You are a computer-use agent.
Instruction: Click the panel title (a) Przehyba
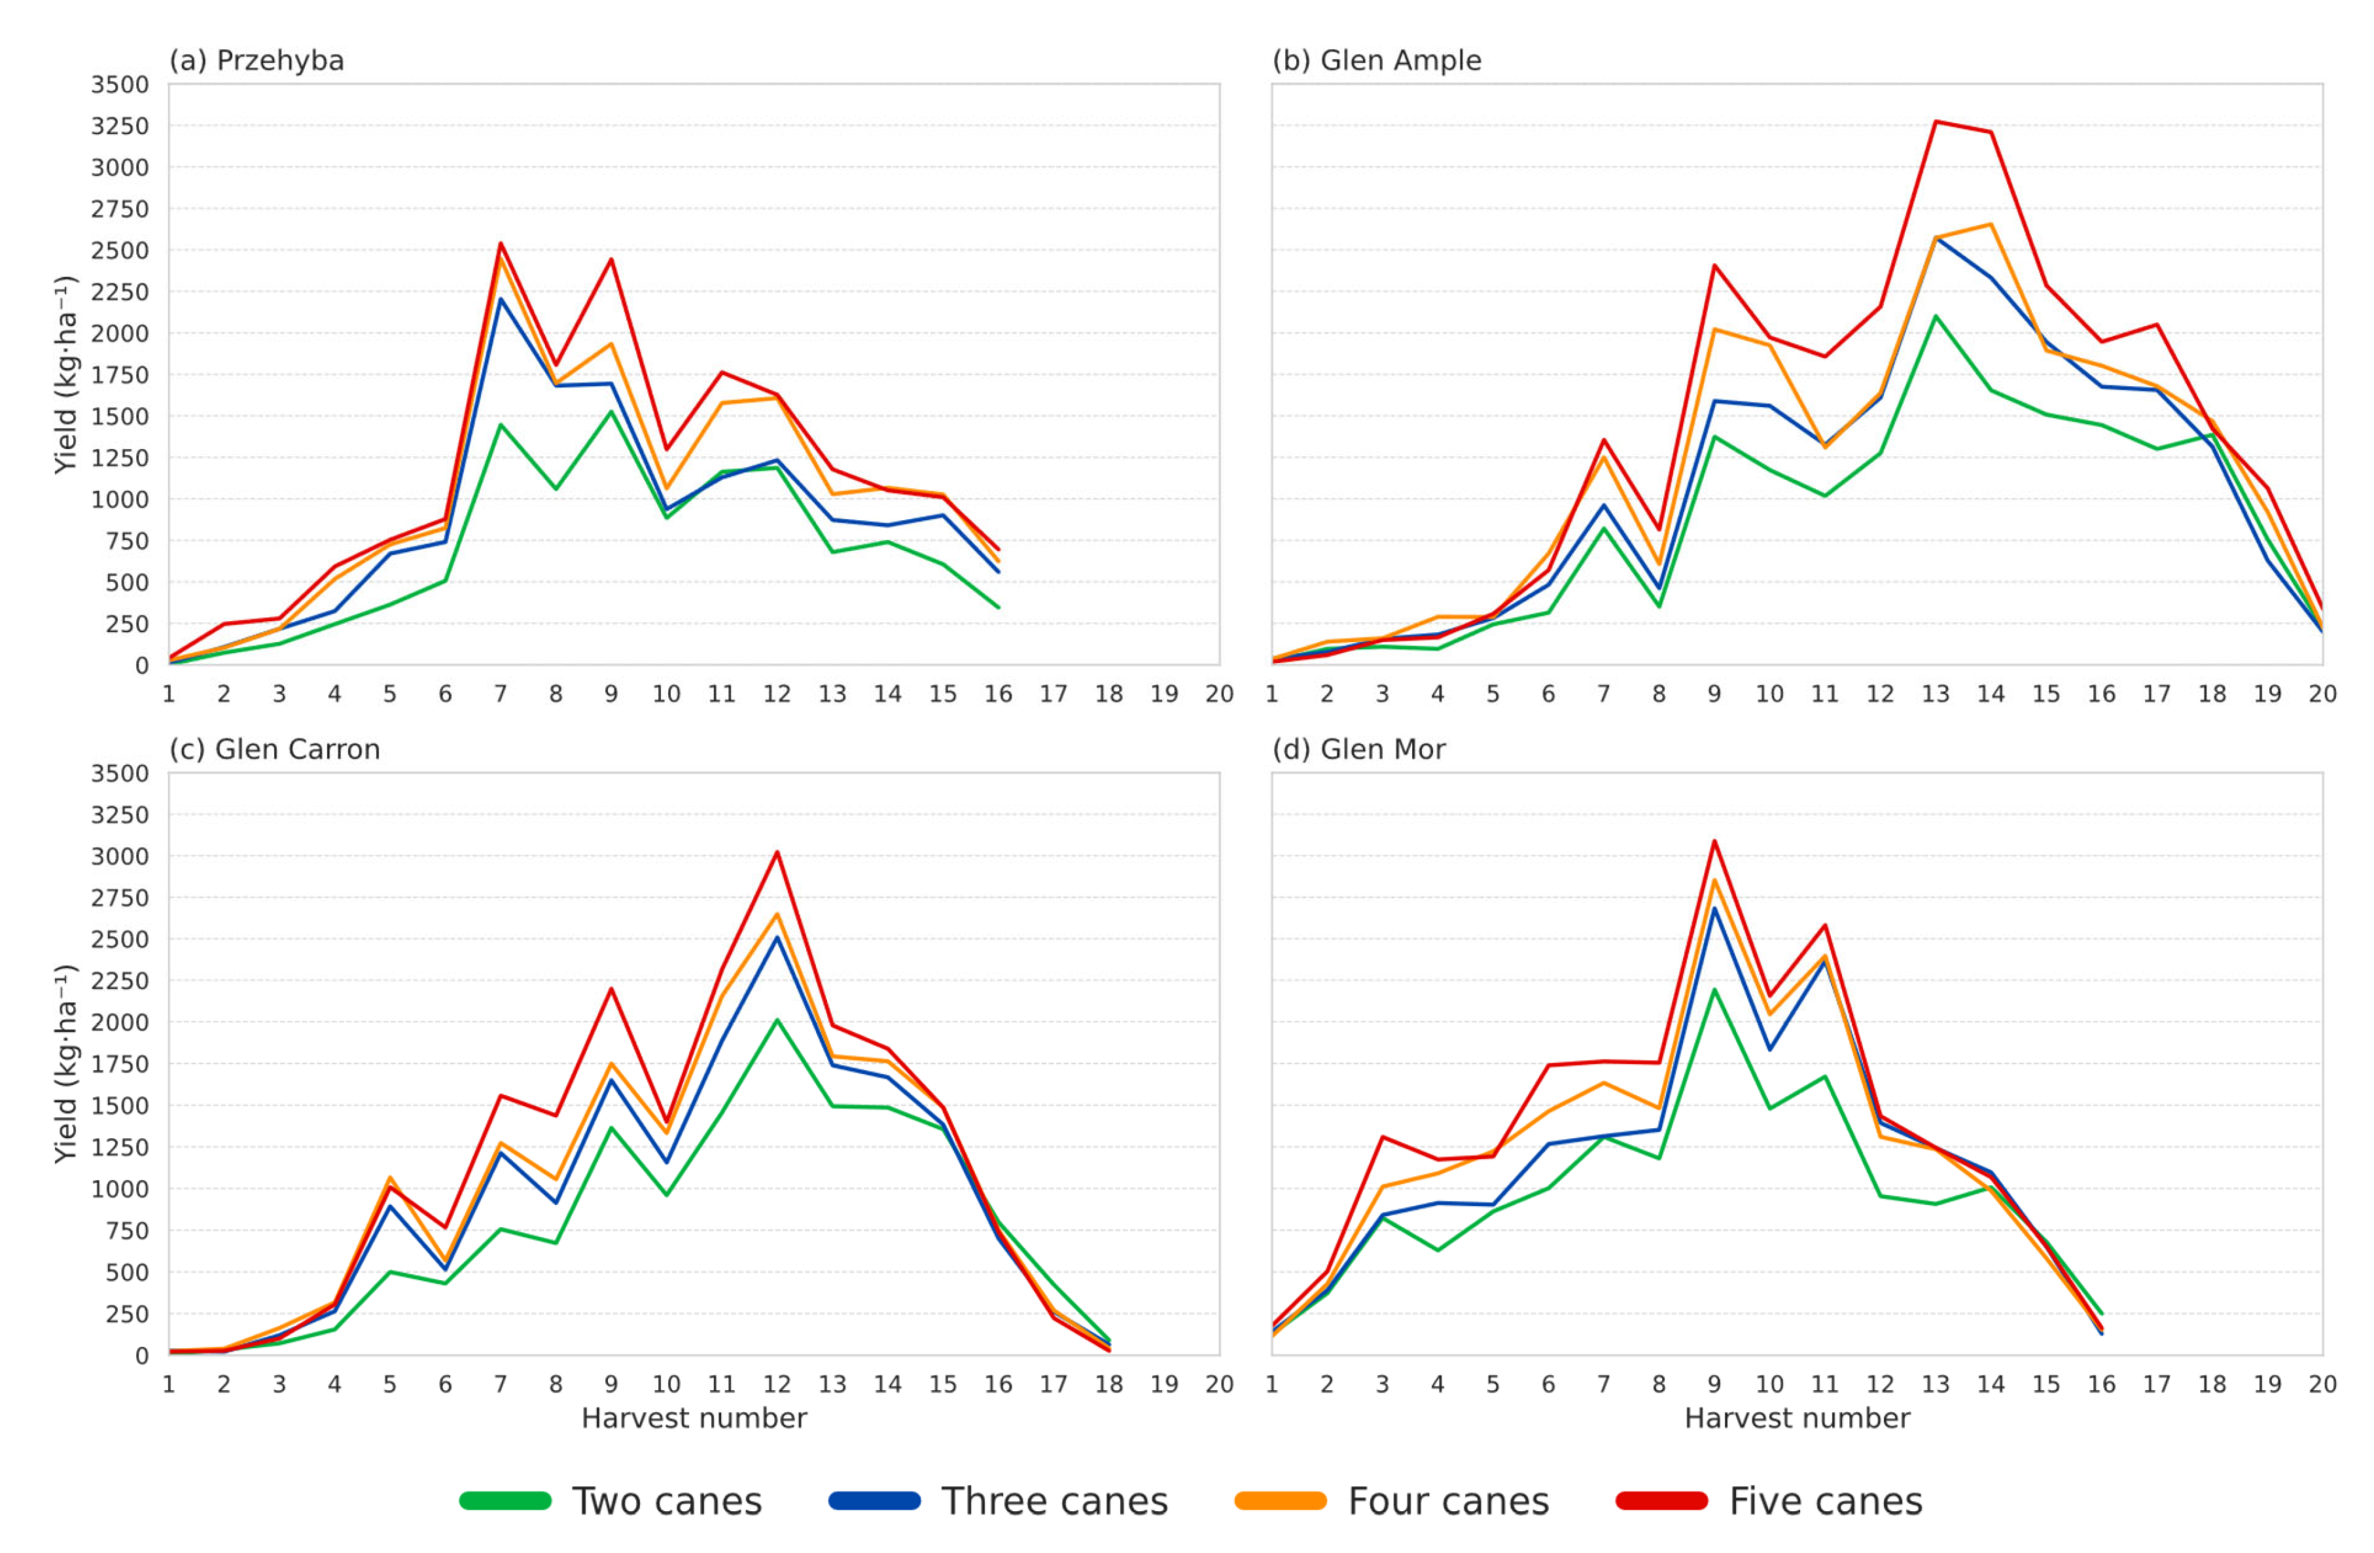point(257,61)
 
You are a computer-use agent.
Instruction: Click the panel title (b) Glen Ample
point(1377,61)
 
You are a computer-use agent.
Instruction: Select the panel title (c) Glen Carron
point(274,749)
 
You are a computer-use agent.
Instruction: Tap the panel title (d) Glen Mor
point(1358,749)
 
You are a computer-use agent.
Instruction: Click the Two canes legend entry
point(611,1501)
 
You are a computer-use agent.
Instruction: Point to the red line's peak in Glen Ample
point(1935,122)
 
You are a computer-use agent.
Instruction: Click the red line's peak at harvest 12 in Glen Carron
point(777,852)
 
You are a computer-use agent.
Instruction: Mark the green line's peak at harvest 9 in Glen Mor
point(1714,990)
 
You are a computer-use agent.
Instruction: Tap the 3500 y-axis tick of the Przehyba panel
point(120,85)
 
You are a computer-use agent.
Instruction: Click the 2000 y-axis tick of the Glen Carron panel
point(120,1022)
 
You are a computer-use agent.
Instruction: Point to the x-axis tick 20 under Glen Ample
point(2322,694)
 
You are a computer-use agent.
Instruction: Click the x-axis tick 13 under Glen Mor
point(1935,1384)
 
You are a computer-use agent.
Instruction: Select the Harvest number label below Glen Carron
point(694,1418)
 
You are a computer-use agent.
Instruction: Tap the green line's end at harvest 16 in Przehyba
point(999,607)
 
